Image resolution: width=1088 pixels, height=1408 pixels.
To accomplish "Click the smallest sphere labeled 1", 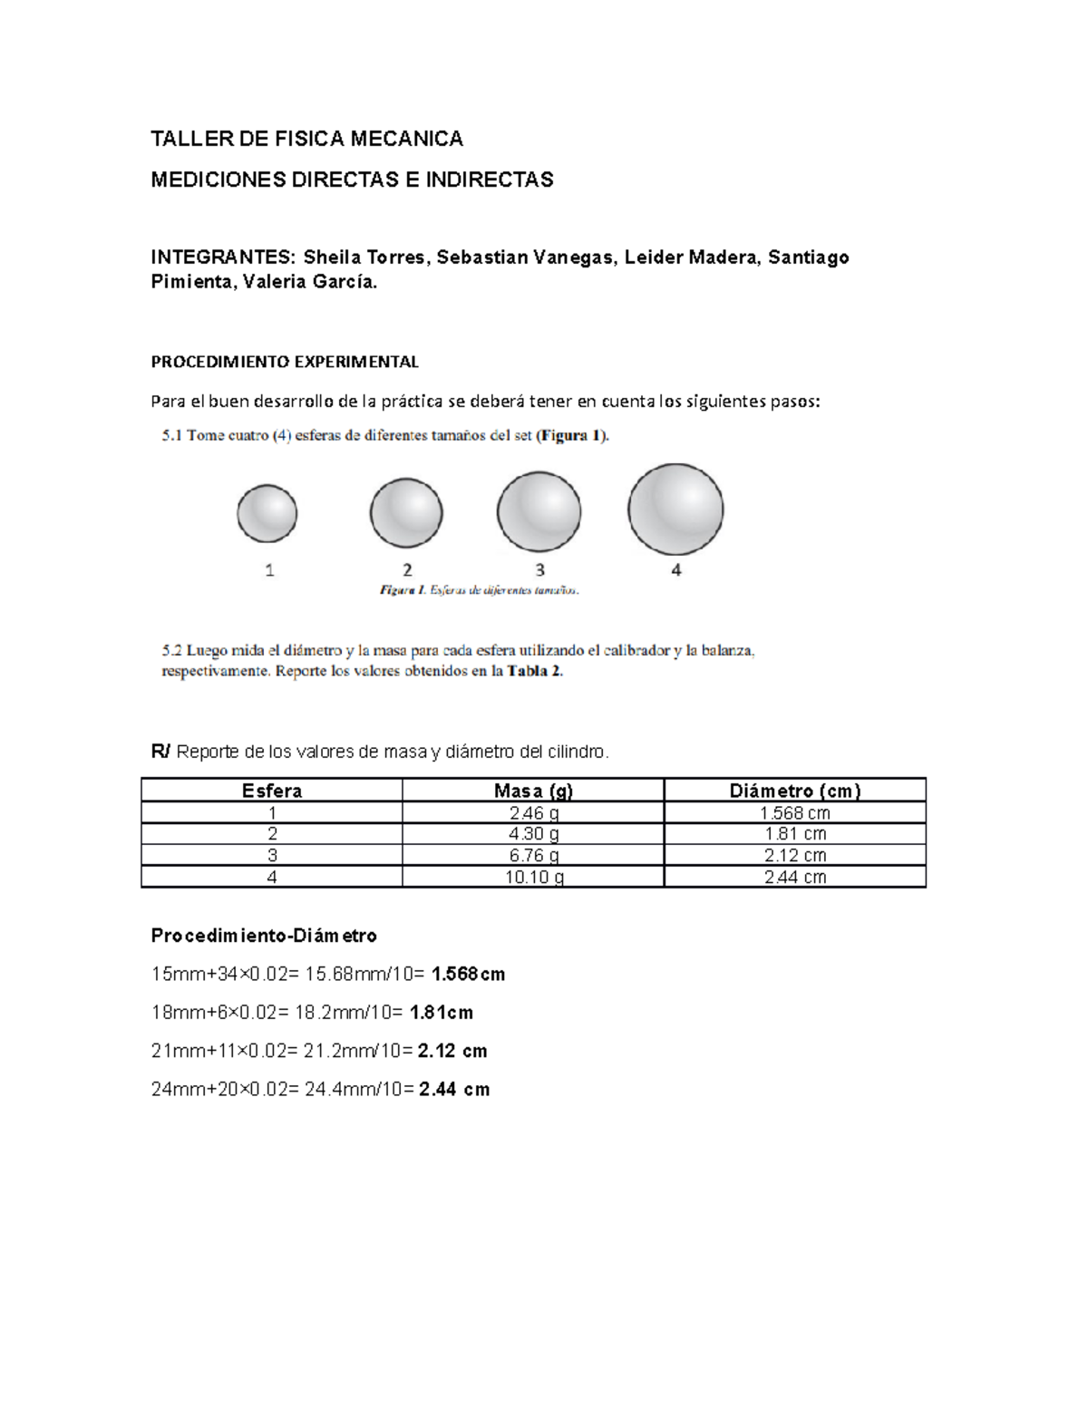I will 267,513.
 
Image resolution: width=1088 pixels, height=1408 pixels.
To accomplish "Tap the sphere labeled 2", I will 406,513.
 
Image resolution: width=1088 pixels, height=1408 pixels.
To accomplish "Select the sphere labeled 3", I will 539,511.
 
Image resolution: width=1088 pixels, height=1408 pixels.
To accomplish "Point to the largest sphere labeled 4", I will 675,509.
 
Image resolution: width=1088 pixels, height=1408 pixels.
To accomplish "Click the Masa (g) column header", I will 533,791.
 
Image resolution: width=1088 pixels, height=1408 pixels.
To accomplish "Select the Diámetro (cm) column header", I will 795,791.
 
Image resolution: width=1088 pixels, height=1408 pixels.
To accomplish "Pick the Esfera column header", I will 272,791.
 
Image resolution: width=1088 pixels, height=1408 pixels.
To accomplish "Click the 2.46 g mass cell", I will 533,813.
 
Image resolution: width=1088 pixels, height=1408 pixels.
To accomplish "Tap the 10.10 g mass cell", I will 533,877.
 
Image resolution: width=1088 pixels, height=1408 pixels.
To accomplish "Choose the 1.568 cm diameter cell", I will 795,813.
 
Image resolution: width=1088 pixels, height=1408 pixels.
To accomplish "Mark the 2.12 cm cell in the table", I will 795,855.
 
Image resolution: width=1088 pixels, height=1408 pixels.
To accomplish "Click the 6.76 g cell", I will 533,855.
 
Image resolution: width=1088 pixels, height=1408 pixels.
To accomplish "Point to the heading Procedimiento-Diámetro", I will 264,935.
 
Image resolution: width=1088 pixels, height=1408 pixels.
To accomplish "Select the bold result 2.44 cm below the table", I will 453,1090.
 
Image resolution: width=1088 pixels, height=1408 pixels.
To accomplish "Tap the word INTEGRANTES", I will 222,257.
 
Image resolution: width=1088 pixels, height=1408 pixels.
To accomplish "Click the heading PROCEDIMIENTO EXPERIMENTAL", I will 285,362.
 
